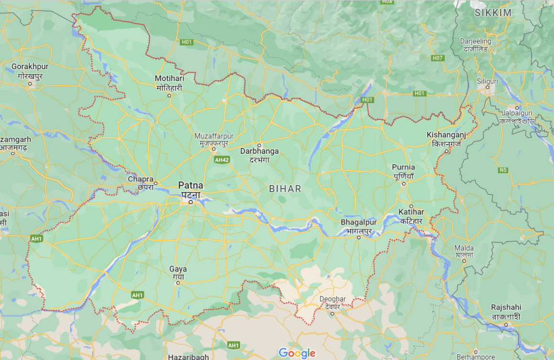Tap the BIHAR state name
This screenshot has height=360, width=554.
pos(285,189)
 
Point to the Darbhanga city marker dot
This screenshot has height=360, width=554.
pos(259,145)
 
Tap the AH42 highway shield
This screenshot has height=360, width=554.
pos(222,160)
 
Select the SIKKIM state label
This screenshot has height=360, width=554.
pos(493,13)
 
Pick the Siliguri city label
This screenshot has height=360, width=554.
pos(487,81)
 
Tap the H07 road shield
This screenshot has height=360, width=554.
pos(437,58)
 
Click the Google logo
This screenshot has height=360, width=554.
pos(297,353)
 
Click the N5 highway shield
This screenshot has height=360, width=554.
pos(502,170)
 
